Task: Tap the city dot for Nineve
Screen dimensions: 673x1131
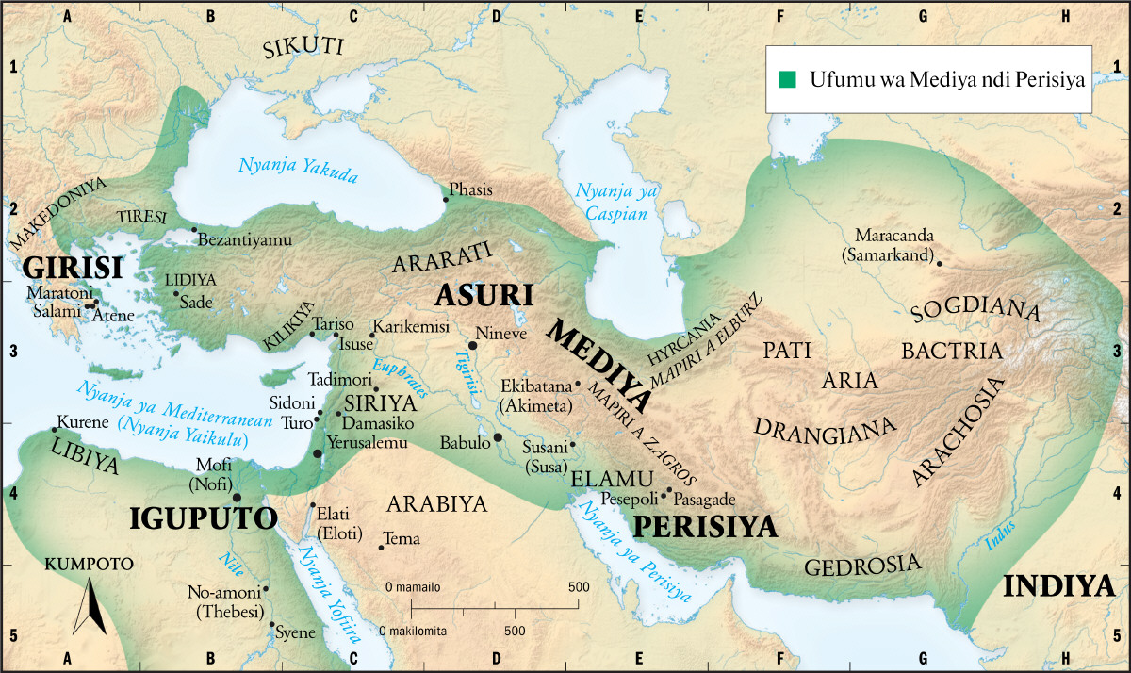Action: click(473, 346)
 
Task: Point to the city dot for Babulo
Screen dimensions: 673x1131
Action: click(498, 438)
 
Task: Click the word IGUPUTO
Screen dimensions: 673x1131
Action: click(203, 518)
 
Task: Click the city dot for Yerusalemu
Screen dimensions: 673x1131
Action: click(318, 454)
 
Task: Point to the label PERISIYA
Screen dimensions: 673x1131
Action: click(704, 526)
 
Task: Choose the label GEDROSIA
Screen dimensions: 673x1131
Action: click(861, 566)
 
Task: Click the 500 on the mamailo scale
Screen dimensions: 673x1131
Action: click(577, 587)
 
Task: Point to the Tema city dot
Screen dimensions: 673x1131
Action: click(381, 547)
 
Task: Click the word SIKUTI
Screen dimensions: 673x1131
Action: click(303, 48)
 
